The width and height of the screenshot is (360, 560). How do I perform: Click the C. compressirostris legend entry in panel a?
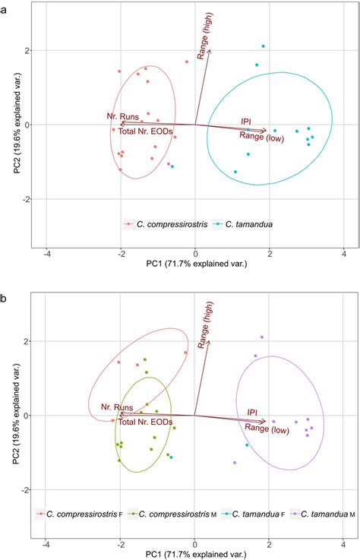tap(171, 224)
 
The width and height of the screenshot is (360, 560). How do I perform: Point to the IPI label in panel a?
tap(246, 121)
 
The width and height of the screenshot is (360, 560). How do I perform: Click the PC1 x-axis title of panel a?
tap(195, 267)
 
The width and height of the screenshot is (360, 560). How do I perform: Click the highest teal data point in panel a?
tap(263, 46)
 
